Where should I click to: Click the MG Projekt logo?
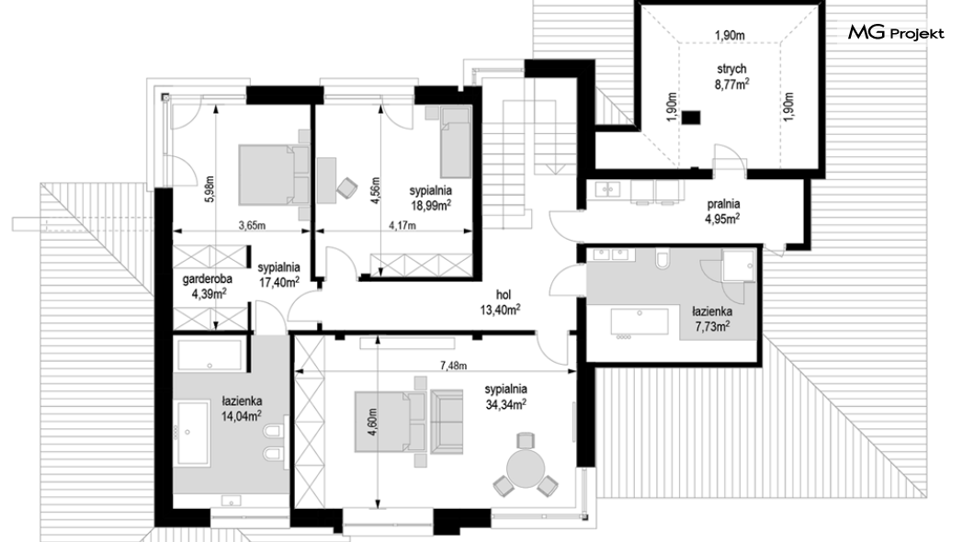pyautogui.click(x=896, y=33)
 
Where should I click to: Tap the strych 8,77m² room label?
pyautogui.click(x=731, y=77)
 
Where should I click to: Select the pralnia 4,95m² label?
pyautogui.click(x=722, y=211)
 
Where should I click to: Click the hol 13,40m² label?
pyautogui.click(x=500, y=302)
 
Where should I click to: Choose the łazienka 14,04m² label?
pyautogui.click(x=241, y=409)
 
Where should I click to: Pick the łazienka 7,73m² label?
pyautogui.click(x=712, y=319)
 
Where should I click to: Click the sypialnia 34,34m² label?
pyautogui.click(x=505, y=397)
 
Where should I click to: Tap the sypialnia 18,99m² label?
pyautogui.click(x=430, y=198)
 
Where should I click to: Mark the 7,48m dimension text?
pyautogui.click(x=453, y=366)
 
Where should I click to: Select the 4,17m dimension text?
pyautogui.click(x=402, y=225)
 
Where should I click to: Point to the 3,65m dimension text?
pyautogui.click(x=252, y=225)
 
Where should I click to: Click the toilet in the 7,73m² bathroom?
pyautogui.click(x=663, y=259)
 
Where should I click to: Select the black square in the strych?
pyautogui.click(x=690, y=118)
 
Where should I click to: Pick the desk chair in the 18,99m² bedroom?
pyautogui.click(x=346, y=188)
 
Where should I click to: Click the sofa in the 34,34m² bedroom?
pyautogui.click(x=447, y=421)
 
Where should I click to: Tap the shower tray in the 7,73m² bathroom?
pyautogui.click(x=739, y=265)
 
